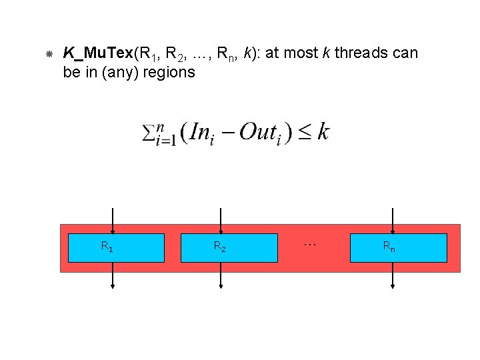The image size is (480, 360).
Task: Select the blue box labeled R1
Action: point(117,247)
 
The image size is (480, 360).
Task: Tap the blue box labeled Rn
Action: point(398,247)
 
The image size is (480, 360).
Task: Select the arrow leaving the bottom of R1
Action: point(113,275)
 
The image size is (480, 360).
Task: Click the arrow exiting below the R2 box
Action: point(221,275)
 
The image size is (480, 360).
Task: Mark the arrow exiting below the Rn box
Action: point(393,275)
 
